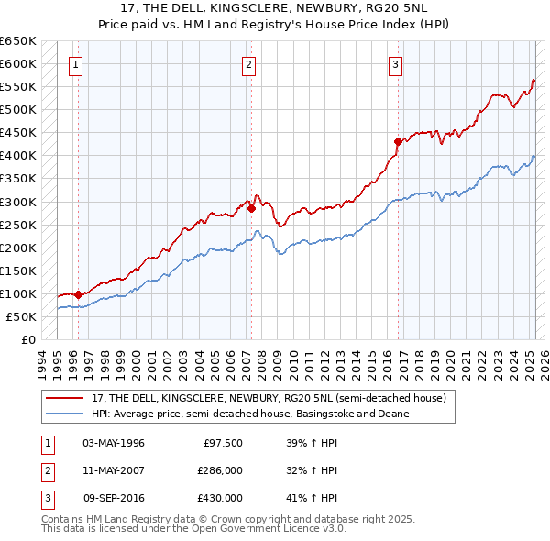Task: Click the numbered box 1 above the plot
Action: pyautogui.click(x=74, y=64)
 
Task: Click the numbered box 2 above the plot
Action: pyautogui.click(x=249, y=64)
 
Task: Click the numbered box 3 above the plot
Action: pyautogui.click(x=395, y=64)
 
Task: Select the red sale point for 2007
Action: pyautogui.click(x=251, y=208)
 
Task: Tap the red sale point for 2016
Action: pyautogui.click(x=398, y=141)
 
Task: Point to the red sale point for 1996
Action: pyautogui.click(x=78, y=294)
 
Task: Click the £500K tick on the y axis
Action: pyautogui.click(x=18, y=110)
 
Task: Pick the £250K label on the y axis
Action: pyautogui.click(x=18, y=225)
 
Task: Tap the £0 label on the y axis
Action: pyautogui.click(x=27, y=339)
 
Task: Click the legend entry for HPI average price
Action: pyautogui.click(x=250, y=414)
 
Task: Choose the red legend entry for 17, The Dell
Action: pyautogui.click(x=268, y=398)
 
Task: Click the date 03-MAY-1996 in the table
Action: pyautogui.click(x=114, y=443)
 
